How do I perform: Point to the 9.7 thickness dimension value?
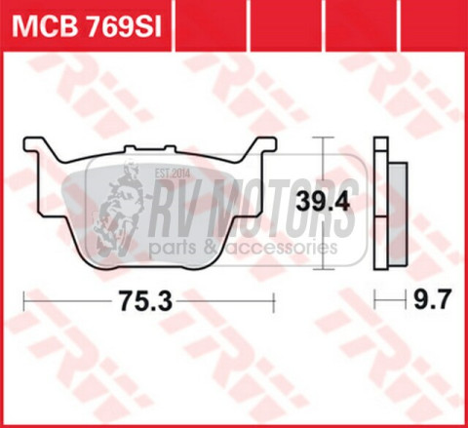(428, 302)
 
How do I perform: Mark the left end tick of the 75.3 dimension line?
(23, 302)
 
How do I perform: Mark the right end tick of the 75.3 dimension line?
(265, 302)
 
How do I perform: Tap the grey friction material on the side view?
(394, 210)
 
